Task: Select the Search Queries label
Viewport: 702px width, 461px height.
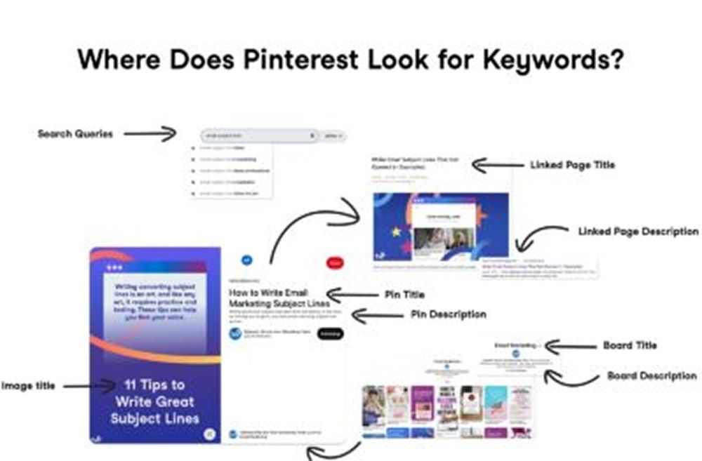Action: tap(75, 133)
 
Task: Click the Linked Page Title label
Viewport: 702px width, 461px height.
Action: tap(573, 165)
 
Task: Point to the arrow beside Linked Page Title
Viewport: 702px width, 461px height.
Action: tap(498, 166)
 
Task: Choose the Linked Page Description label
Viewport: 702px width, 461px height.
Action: tap(638, 231)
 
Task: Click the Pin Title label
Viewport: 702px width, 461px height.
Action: tap(404, 295)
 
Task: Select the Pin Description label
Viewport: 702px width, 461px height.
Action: tap(448, 314)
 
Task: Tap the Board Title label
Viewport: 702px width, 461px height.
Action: tap(630, 345)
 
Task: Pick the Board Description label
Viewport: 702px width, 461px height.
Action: tap(651, 376)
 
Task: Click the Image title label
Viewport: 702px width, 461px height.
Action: tap(28, 385)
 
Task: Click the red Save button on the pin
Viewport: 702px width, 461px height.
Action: tap(336, 262)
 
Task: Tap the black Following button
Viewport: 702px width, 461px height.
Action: tap(330, 334)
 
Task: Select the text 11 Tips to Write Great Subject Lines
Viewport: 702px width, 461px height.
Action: tap(154, 402)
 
